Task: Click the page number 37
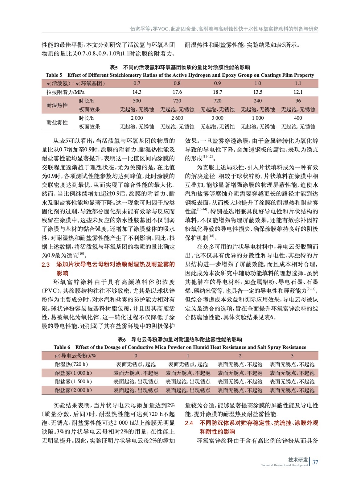click(315, 462)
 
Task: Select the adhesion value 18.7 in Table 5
click(217, 92)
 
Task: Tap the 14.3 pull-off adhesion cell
click(137, 92)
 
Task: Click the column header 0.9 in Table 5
click(217, 83)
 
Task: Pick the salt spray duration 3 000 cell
click(217, 118)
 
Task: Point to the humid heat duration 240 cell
click(258, 101)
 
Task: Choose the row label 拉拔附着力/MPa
click(66, 92)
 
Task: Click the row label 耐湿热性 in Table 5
click(57, 105)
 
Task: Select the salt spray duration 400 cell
click(298, 118)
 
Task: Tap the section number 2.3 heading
click(45, 265)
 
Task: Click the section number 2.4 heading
click(189, 423)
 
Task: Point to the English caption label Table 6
click(62, 347)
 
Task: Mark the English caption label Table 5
click(54, 75)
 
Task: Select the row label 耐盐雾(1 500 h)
click(73, 381)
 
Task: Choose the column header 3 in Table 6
click(292, 356)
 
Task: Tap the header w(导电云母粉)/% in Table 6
click(75, 356)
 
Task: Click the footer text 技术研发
click(298, 460)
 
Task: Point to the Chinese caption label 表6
click(122, 339)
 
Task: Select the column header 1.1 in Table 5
click(298, 83)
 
